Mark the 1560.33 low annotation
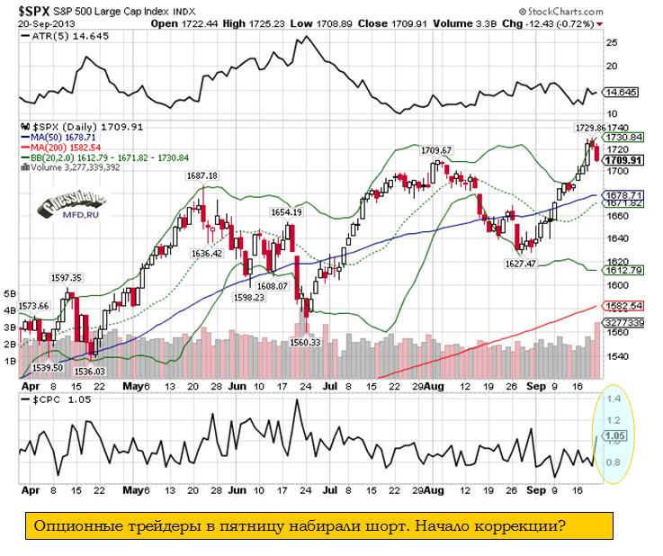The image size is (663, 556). [x=306, y=341]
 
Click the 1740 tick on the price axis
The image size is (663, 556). [x=616, y=129]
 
